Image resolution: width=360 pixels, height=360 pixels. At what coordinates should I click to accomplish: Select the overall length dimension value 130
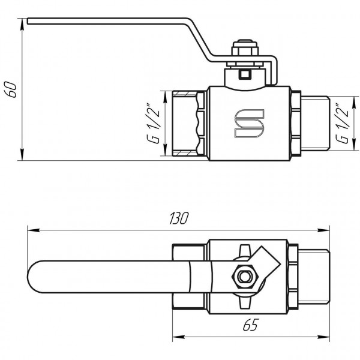pos(179,218)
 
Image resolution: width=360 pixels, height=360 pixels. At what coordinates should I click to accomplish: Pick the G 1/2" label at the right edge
pos(343,124)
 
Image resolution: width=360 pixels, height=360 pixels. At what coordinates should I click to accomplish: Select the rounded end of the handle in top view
pos(36,277)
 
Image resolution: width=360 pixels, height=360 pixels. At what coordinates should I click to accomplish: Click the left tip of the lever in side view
pos(28,23)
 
